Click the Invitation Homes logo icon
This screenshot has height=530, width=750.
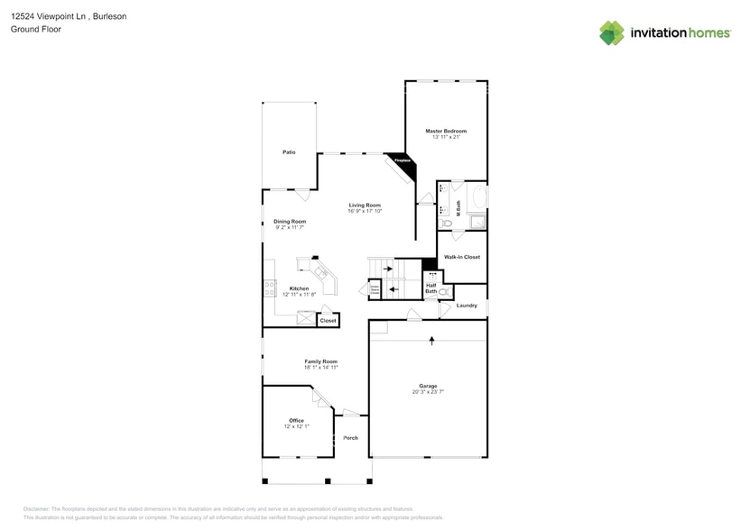611,33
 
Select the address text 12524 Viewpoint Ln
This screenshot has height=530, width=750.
50,15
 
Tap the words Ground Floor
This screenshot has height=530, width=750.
30,29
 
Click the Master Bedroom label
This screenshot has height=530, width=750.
446,131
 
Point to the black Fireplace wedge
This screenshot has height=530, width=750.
401,160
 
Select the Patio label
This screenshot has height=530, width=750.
289,152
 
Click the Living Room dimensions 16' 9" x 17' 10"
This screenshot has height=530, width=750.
366,211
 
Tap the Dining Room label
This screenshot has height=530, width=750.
290,222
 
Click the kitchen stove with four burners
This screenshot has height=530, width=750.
269,288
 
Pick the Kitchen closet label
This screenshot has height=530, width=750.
328,320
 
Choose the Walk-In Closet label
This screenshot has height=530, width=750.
461,257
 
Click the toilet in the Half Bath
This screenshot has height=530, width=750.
443,292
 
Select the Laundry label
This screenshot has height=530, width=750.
467,306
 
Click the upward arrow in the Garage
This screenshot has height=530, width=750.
431,340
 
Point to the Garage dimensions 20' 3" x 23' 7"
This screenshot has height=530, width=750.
428,392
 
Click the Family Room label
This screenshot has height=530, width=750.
320,361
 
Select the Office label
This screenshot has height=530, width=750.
296,420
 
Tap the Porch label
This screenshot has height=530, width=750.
350,438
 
